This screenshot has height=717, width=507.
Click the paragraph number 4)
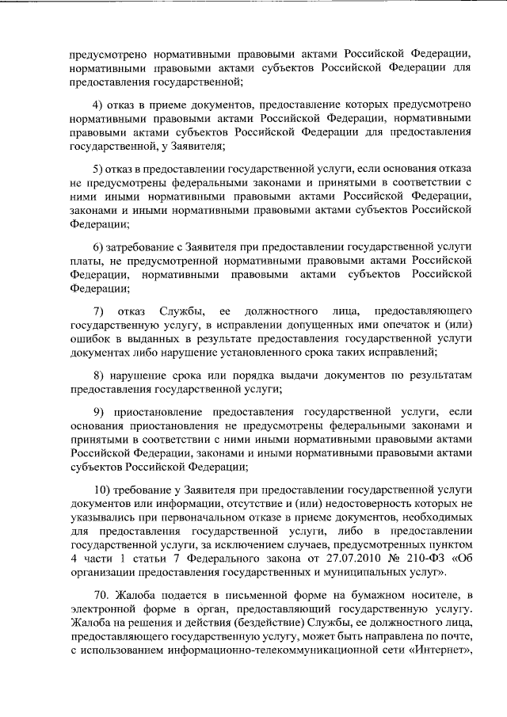click(x=98, y=105)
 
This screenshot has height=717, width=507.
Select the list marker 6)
click(x=98, y=247)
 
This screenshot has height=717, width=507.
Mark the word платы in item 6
click(x=85, y=261)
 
